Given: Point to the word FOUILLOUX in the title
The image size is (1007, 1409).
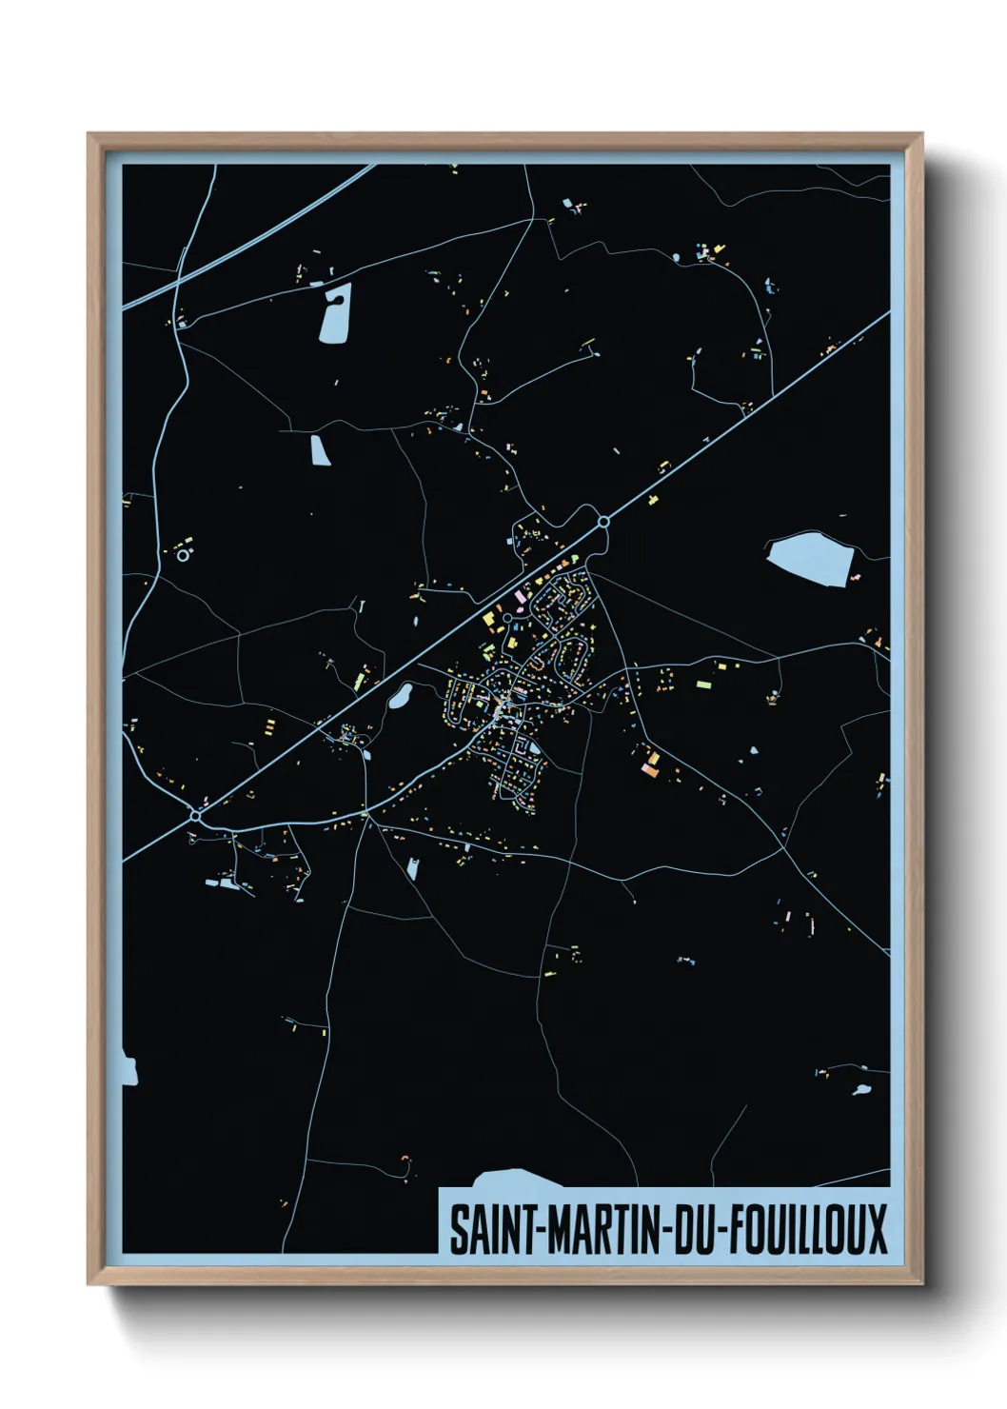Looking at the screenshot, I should coord(809,1229).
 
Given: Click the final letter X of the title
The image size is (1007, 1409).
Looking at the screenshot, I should coord(878,1229).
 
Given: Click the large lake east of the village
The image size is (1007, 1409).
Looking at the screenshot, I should coord(809,558).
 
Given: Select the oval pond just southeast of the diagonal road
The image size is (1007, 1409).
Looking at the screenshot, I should coord(400,698).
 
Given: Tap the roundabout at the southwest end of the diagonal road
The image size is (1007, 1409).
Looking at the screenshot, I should coord(195,816).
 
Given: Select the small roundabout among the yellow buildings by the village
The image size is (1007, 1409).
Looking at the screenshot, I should coord(507,618).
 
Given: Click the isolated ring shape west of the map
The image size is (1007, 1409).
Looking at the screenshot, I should coord(182,555).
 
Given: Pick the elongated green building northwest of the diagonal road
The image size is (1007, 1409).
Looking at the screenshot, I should coord(360,682).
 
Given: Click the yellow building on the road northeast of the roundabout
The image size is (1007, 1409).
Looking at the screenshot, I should coord(653,499).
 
